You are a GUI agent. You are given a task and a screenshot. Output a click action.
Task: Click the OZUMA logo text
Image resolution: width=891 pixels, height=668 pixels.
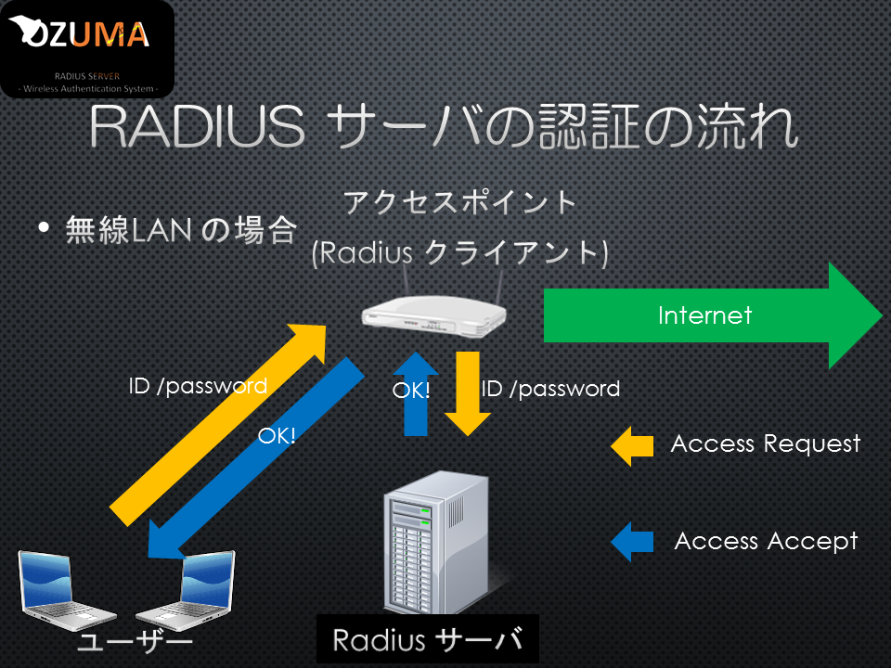[x=80, y=33]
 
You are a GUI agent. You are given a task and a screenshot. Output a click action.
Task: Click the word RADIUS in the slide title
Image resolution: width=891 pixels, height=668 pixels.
[x=197, y=125]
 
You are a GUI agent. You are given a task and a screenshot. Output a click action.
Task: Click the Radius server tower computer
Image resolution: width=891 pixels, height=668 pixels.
[x=436, y=543]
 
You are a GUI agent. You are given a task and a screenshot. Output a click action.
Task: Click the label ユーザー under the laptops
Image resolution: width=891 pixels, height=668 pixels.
[x=136, y=642]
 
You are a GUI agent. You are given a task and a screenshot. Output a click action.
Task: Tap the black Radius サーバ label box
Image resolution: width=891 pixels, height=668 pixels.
[x=427, y=639]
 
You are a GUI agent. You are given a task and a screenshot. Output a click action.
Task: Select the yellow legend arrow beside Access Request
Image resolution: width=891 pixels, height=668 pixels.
[x=632, y=446]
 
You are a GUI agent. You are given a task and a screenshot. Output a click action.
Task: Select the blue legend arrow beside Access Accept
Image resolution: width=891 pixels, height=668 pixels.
[x=632, y=542]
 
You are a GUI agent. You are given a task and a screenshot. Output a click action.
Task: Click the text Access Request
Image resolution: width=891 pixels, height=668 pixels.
[x=766, y=444]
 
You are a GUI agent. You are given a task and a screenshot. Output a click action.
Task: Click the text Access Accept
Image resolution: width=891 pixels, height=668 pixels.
[x=766, y=541]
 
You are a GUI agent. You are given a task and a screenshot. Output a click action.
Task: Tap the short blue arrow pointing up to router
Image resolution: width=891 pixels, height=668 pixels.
[x=416, y=393]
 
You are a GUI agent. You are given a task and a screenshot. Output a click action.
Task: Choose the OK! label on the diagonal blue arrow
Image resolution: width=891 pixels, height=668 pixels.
[x=277, y=436]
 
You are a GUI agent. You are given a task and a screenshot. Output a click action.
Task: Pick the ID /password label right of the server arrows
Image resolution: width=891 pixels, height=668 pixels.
[x=550, y=390]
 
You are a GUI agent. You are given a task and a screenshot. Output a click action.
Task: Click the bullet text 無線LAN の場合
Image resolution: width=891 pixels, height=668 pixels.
[x=181, y=230]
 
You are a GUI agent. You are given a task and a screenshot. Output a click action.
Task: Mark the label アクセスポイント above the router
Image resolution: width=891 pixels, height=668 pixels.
[x=459, y=202]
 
